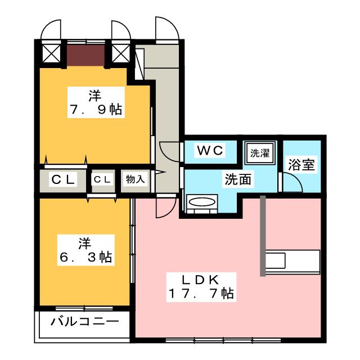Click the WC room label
(x=210, y=150)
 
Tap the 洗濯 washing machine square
(x=260, y=153)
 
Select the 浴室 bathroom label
(x=301, y=164)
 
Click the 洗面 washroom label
(x=238, y=179)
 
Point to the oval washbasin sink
(x=202, y=202)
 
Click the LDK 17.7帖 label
(x=201, y=287)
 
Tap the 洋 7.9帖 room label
(x=96, y=102)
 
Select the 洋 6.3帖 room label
(x=85, y=250)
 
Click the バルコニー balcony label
(x=85, y=322)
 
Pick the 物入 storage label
(x=135, y=179)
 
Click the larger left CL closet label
(x=63, y=179)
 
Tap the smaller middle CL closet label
(x=102, y=179)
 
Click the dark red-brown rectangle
(x=85, y=55)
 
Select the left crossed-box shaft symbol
(x=51, y=53)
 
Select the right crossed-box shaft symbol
(x=120, y=53)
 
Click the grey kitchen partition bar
(x=263, y=236)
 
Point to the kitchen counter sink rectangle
(x=276, y=260)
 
